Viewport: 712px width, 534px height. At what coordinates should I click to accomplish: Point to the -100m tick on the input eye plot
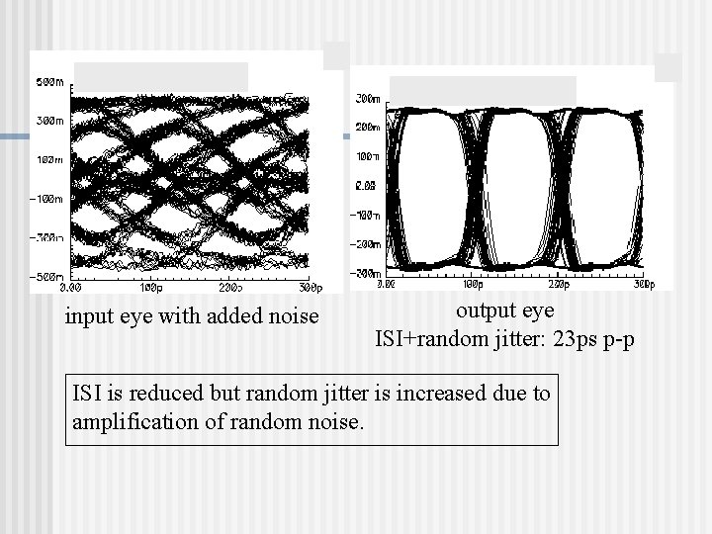click(44, 199)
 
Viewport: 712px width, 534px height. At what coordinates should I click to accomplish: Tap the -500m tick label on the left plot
click(44, 276)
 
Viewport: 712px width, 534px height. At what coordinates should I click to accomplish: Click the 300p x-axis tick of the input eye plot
click(309, 287)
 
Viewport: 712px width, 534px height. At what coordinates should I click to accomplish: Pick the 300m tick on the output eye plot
click(367, 99)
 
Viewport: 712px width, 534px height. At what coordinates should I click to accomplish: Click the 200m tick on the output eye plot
click(367, 128)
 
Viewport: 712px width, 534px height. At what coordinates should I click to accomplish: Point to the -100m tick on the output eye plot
click(366, 214)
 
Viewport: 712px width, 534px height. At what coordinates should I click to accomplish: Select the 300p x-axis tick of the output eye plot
click(644, 283)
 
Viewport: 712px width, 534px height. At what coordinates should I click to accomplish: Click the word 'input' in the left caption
click(86, 317)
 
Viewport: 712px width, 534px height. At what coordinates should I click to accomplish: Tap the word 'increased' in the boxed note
click(436, 394)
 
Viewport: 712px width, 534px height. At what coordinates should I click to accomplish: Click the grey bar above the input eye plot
click(162, 74)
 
